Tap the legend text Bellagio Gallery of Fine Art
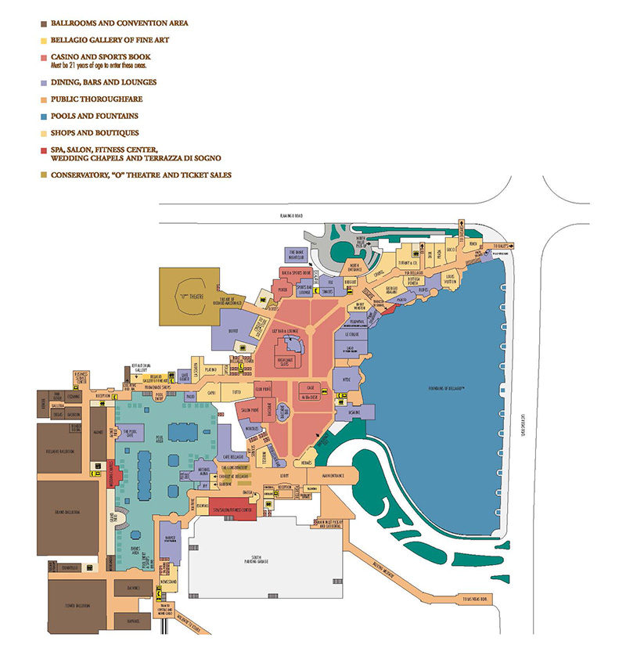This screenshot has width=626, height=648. click(x=110, y=40)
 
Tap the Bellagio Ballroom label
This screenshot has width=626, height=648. click(x=59, y=451)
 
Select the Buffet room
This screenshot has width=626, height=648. click(x=232, y=331)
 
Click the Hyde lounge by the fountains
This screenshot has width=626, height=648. click(x=347, y=380)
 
